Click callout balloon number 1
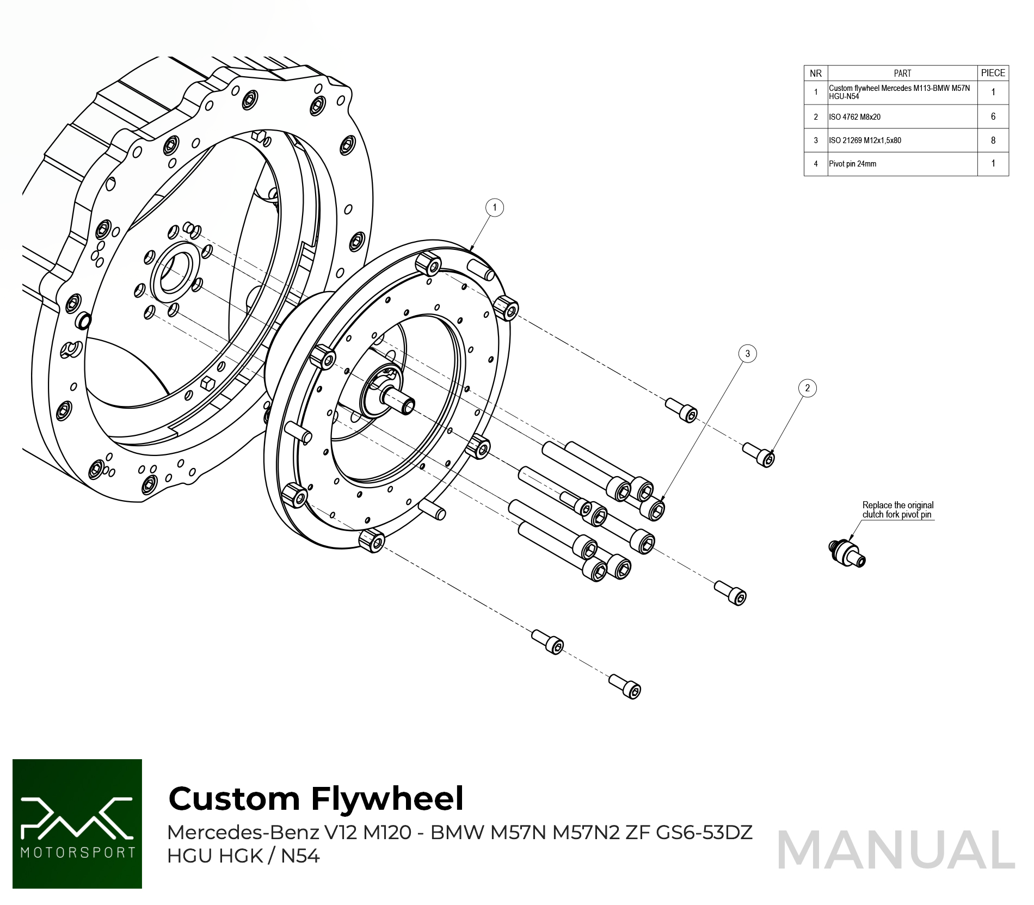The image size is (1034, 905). (x=494, y=207)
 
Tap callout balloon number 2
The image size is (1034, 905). (x=807, y=388)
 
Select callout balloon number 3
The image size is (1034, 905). (x=747, y=354)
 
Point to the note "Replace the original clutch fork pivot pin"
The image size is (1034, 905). (x=897, y=510)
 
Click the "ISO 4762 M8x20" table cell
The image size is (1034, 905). (x=902, y=117)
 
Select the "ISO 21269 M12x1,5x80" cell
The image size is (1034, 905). (x=902, y=140)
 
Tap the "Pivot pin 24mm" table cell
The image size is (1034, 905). (x=902, y=164)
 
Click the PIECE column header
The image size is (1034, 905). (x=993, y=73)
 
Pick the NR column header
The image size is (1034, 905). (x=815, y=73)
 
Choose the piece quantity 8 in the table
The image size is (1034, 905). (x=993, y=140)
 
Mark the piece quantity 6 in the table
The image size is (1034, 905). (x=993, y=116)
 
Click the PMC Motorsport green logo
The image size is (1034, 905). (x=77, y=824)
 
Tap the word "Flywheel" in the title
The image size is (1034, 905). (x=387, y=799)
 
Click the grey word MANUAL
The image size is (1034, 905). (x=896, y=851)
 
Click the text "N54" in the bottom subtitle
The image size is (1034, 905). (x=300, y=856)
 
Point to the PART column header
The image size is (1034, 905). (x=902, y=73)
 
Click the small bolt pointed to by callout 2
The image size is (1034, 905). (x=760, y=454)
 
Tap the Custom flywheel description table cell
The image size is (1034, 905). (x=902, y=92)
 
